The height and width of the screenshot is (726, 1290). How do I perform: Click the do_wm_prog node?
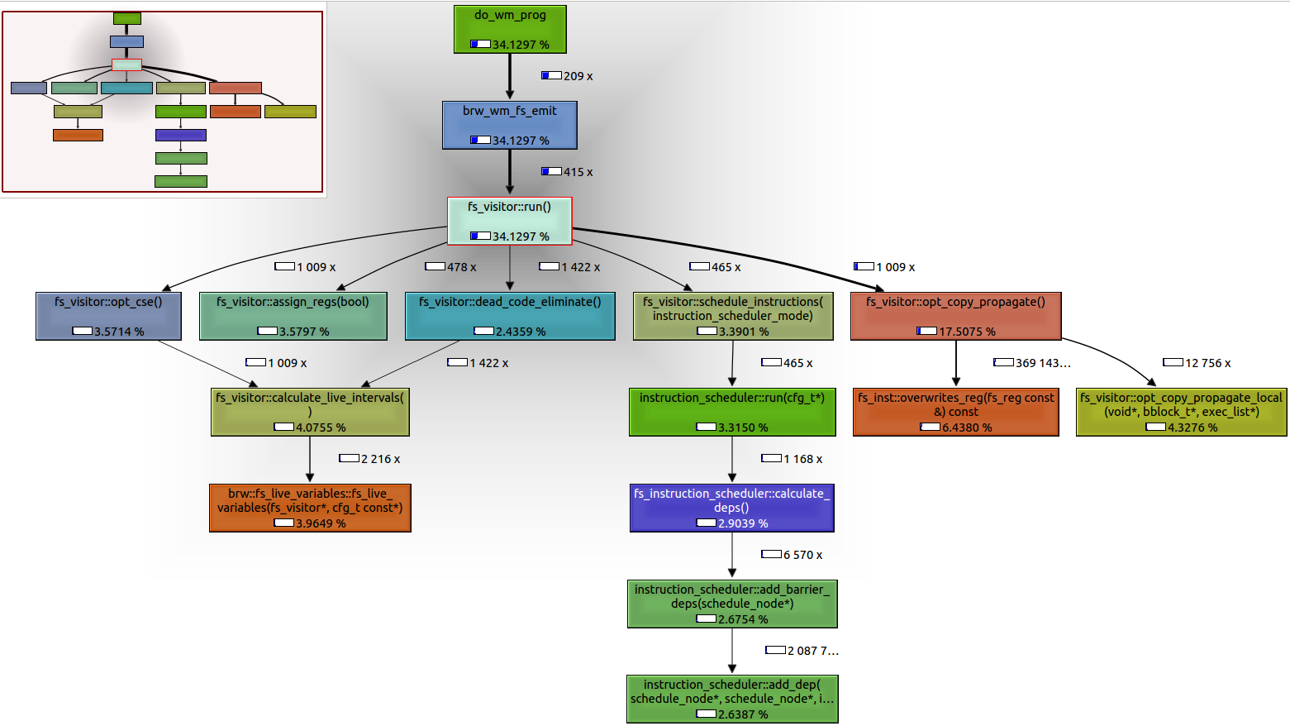pyautogui.click(x=510, y=29)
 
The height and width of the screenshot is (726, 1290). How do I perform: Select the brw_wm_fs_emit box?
pyautogui.click(x=509, y=125)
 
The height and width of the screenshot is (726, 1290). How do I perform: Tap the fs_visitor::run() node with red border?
pyautogui.click(x=509, y=221)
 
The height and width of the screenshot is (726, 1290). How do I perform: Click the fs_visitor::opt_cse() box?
pyautogui.click(x=108, y=316)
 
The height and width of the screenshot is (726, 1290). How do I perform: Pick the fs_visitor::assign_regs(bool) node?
pyautogui.click(x=293, y=316)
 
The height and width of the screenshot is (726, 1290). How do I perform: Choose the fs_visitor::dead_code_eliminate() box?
pyautogui.click(x=510, y=316)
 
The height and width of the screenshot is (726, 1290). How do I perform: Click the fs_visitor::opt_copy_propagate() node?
pyautogui.click(x=955, y=316)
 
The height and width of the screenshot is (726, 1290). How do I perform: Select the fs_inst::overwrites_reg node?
pyautogui.click(x=955, y=412)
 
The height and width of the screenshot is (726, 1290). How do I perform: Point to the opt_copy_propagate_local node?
pyautogui.click(x=1181, y=412)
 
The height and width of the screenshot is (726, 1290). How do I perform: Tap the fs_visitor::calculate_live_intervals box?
pyautogui.click(x=310, y=412)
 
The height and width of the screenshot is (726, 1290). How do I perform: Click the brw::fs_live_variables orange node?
pyautogui.click(x=310, y=508)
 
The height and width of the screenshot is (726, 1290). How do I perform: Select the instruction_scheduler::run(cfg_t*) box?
pyautogui.click(x=731, y=412)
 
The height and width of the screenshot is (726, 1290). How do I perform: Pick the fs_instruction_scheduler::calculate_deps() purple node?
pyautogui.click(x=731, y=508)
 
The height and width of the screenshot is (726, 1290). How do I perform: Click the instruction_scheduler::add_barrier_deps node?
pyautogui.click(x=731, y=604)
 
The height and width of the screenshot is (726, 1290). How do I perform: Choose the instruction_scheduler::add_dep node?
pyautogui.click(x=731, y=699)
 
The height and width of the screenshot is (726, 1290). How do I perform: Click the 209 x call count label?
pyautogui.click(x=578, y=76)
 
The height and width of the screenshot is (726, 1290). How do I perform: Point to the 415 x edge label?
pyautogui.click(x=578, y=172)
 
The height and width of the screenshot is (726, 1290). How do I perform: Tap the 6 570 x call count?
pyautogui.click(x=802, y=555)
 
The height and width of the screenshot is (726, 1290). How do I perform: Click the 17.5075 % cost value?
pyautogui.click(x=967, y=332)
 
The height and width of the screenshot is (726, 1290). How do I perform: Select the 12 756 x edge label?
pyautogui.click(x=1207, y=363)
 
